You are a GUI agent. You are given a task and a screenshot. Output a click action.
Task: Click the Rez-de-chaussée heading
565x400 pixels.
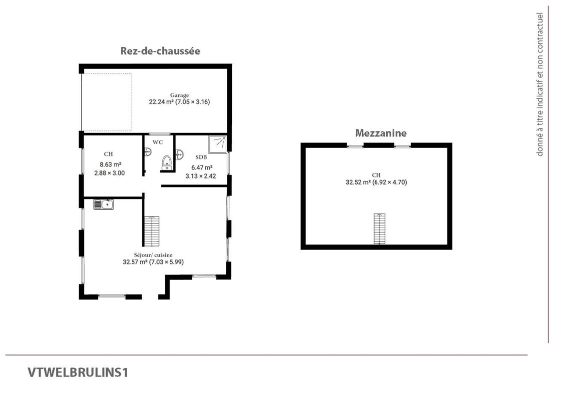(x=160, y=51)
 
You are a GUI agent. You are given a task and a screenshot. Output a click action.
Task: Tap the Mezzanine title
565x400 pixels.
(x=381, y=133)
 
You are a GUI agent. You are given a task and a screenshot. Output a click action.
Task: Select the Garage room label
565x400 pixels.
(x=179, y=95)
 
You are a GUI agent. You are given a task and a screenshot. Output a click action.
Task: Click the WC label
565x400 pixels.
(x=157, y=142)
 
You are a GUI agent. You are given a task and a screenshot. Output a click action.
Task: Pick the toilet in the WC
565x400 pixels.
(x=166, y=162)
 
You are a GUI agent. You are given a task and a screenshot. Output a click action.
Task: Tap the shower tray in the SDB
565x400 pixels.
(x=218, y=144)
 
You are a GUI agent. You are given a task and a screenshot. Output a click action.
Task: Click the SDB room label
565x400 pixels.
(x=201, y=157)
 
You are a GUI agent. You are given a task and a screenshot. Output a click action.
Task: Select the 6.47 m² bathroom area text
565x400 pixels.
(x=202, y=167)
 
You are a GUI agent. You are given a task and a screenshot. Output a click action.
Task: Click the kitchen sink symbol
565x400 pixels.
(x=103, y=204)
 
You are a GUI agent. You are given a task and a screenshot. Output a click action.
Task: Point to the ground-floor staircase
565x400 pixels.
(x=152, y=231)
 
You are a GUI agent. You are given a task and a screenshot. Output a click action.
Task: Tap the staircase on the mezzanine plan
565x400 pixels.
(x=379, y=228)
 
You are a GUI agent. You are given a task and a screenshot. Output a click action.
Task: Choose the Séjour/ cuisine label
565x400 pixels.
(x=153, y=255)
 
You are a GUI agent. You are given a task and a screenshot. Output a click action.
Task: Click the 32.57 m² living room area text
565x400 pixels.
(x=135, y=262)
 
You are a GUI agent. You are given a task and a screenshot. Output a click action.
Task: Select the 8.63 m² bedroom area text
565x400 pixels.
(x=110, y=164)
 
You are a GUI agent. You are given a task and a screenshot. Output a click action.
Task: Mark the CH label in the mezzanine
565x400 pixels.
(x=376, y=175)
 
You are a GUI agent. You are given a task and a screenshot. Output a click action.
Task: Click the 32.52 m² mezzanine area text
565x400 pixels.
(x=358, y=182)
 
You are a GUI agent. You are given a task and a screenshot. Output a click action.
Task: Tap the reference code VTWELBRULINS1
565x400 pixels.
(x=78, y=372)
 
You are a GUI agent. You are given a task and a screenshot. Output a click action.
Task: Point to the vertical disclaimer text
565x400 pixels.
(x=540, y=84)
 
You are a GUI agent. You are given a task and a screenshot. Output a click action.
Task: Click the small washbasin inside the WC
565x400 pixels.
(x=147, y=152)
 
